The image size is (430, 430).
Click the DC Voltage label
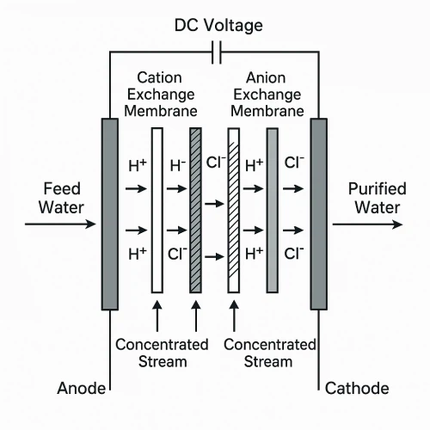click(218, 25)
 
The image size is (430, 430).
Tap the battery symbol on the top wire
click(217, 52)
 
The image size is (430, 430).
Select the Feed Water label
click(61, 198)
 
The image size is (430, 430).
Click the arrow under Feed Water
click(60, 224)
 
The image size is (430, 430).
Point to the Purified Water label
click(378, 198)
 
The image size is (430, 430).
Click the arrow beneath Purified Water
click(367, 224)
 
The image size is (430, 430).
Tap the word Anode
click(82, 389)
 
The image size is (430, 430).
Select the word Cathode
click(357, 389)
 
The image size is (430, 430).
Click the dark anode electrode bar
click(110, 214)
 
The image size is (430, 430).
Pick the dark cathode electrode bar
click(318, 214)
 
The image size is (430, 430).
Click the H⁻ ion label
click(178, 166)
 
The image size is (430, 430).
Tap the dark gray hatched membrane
click(195, 211)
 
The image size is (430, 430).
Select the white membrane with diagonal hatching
click(234, 211)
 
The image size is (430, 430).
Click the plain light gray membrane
click(273, 211)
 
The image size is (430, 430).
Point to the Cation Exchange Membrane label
click(161, 95)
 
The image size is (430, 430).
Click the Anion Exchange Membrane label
click(267, 95)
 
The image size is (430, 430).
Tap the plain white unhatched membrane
click(157, 211)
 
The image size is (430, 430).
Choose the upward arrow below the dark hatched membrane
click(196, 316)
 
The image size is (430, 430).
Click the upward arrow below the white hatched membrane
click(234, 316)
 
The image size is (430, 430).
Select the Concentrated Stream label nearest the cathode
click(269, 353)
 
